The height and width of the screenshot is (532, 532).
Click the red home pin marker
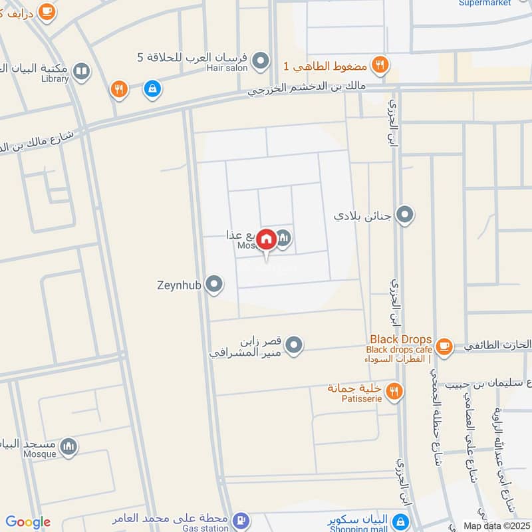[x=267, y=239]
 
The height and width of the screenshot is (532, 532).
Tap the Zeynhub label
[x=179, y=285]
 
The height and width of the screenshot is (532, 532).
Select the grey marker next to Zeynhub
[x=213, y=285]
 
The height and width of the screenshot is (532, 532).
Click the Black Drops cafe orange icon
[x=444, y=345]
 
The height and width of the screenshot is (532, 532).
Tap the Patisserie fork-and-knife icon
[x=394, y=392]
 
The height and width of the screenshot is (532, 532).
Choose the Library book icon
[x=81, y=71]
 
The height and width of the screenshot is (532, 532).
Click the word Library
[x=54, y=79]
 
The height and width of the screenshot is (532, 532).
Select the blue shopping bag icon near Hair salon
[x=152, y=88]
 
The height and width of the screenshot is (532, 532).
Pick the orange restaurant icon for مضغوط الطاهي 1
[x=380, y=65]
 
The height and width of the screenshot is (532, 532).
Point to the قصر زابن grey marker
[x=295, y=344]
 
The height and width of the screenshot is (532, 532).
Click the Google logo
[x=28, y=522]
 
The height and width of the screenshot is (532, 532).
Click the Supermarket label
[x=484, y=3]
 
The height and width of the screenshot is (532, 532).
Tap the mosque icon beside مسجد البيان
[x=68, y=447]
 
